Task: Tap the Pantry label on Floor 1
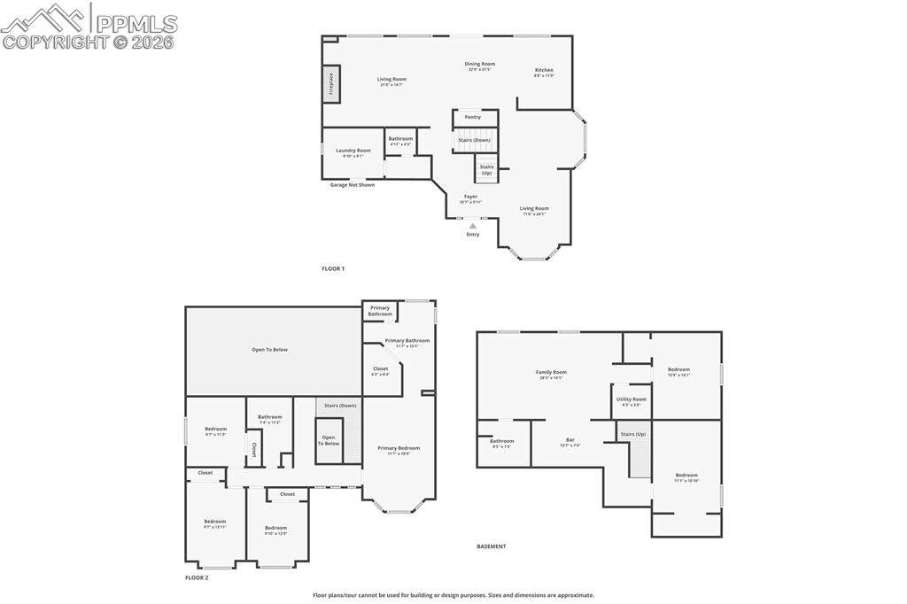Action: (473, 117)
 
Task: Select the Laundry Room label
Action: (353, 151)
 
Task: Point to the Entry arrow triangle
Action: (473, 226)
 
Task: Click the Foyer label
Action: (470, 197)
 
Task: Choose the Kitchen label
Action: (544, 71)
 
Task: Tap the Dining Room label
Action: (481, 64)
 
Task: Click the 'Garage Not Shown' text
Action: (353, 185)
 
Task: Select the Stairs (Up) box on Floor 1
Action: (486, 169)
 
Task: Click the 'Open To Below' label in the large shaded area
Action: (269, 350)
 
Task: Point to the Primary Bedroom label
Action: (399, 448)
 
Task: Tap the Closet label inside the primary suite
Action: (381, 369)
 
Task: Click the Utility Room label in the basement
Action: (632, 399)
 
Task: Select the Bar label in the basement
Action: (570, 440)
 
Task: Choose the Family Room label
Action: (551, 373)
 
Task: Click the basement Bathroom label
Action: (502, 441)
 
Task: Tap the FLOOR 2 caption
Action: (197, 577)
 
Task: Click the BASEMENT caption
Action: (492, 546)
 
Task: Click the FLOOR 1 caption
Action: (333, 267)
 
